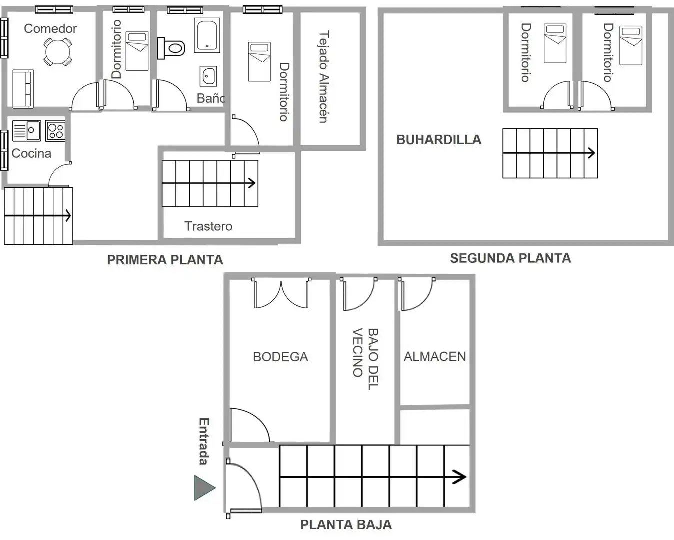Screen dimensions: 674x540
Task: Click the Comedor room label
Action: click(x=50, y=29)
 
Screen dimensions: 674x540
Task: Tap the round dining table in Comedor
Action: click(x=58, y=51)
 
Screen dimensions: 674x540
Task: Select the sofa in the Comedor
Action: click(x=23, y=89)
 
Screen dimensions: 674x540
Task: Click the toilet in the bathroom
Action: click(x=171, y=48)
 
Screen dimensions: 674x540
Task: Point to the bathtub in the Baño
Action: click(x=207, y=35)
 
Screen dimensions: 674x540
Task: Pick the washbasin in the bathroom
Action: click(x=208, y=76)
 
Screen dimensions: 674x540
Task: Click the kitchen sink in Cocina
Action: click(x=26, y=130)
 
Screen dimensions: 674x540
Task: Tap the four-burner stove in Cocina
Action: click(x=55, y=131)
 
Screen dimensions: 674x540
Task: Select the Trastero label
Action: click(x=208, y=226)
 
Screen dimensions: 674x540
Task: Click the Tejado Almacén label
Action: click(x=324, y=77)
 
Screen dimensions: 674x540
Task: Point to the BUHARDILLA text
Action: click(x=439, y=140)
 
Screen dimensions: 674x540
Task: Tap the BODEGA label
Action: click(x=280, y=357)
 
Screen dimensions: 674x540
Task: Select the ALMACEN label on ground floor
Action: click(x=435, y=356)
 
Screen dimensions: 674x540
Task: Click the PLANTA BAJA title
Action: click(x=346, y=525)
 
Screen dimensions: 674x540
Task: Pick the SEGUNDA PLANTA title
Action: click(x=510, y=258)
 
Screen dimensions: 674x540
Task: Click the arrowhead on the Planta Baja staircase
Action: click(x=460, y=477)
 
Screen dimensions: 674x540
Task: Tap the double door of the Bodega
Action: click(x=281, y=293)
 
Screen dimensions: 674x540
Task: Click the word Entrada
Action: click(x=204, y=441)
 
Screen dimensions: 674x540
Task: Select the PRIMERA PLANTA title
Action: click(x=165, y=260)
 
